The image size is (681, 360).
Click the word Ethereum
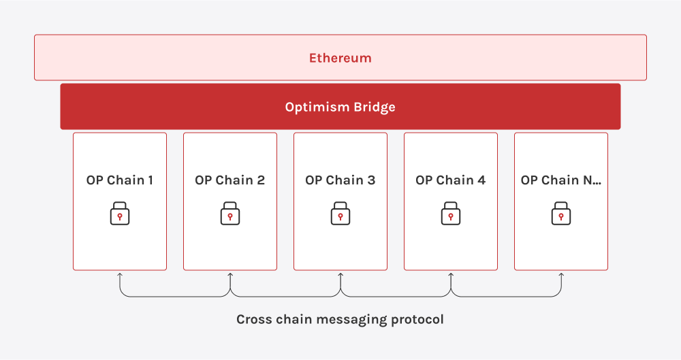coord(340,59)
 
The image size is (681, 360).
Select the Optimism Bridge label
coord(340,108)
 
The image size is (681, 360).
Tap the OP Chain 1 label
coord(120,180)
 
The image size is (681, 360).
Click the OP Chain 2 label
coord(229,180)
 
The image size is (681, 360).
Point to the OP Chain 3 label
coord(340,180)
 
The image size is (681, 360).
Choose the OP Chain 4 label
coord(450,180)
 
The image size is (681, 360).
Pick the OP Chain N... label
coord(561,180)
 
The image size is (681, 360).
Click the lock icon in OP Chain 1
coord(120,213)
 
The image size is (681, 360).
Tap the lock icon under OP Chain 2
coord(230,213)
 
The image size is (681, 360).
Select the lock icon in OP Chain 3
coord(340,213)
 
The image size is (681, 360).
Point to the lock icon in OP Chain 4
coord(451,213)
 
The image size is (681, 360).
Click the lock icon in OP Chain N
coord(561,213)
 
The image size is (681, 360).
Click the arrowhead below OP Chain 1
coord(120,274)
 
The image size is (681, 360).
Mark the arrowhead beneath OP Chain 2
coord(230,274)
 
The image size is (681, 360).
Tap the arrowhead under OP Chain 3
coord(340,274)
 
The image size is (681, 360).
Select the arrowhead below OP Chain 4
coord(451,274)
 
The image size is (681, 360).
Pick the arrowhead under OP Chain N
coord(561,274)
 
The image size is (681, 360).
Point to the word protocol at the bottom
coord(417,320)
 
